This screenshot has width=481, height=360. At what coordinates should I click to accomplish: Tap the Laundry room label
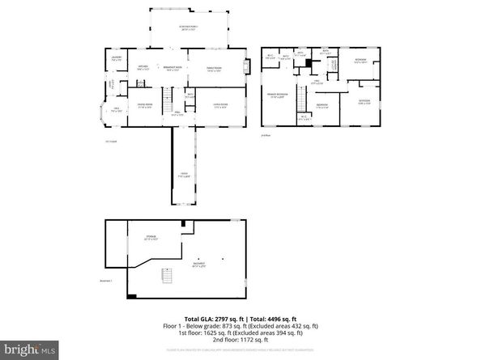coord(117,58)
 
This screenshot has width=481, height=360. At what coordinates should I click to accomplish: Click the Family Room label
coord(214,68)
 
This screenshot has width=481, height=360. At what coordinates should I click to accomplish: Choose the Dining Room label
coord(144,105)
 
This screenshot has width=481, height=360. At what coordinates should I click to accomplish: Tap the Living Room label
coord(219,105)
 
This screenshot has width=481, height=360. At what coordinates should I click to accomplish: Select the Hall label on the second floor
coord(318,82)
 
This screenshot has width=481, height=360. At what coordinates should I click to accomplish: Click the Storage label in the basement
coord(149,238)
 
